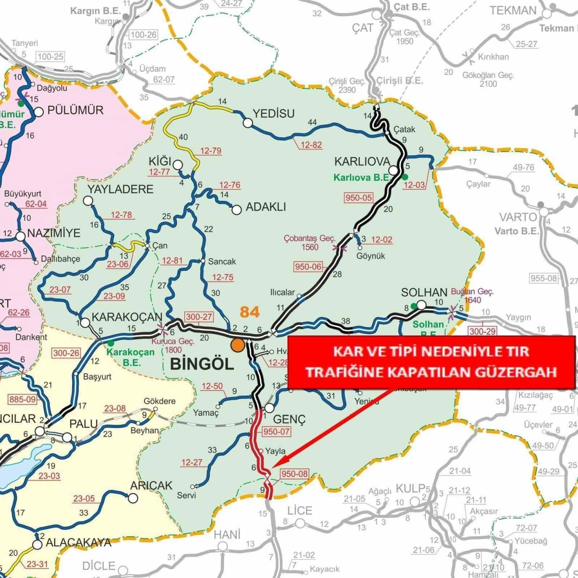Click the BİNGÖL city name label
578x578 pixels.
coord(202,364)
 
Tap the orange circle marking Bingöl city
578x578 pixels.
coord(238,345)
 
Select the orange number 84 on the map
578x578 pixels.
coord(250,312)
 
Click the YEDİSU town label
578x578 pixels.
coord(274,113)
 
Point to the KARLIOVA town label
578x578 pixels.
coord(362,162)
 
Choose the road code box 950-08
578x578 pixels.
coord(294,474)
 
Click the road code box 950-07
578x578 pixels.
coord(276,431)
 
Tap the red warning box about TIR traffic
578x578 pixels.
coord(431,362)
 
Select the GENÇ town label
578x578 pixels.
coord(289,419)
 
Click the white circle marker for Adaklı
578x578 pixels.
coord(237,210)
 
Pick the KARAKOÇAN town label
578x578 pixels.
coord(127,317)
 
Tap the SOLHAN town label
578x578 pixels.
coord(424,293)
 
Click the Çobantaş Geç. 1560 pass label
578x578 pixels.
coord(310,242)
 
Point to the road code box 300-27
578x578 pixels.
coord(199,317)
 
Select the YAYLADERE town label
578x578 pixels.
coord(121,189)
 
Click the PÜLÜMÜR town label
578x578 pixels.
coord(75,110)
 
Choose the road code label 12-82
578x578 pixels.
coord(311,145)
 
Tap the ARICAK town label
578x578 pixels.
coord(151,485)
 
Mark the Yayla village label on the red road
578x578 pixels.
coord(275,451)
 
